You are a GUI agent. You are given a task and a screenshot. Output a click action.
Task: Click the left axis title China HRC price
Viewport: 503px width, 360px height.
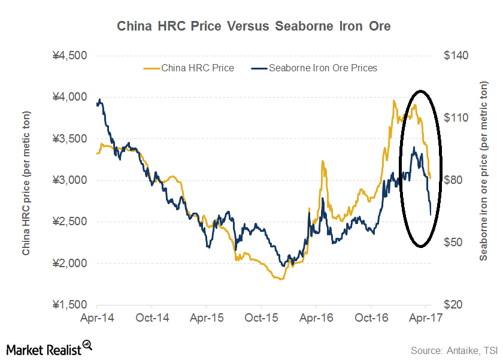click(x=27, y=180)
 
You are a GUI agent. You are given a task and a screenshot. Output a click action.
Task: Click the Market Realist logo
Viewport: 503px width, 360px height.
click(x=49, y=347)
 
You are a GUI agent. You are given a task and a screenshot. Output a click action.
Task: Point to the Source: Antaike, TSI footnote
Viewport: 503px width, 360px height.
click(x=453, y=349)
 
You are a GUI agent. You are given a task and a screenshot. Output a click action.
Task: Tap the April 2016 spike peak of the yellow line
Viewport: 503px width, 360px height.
click(x=323, y=161)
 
